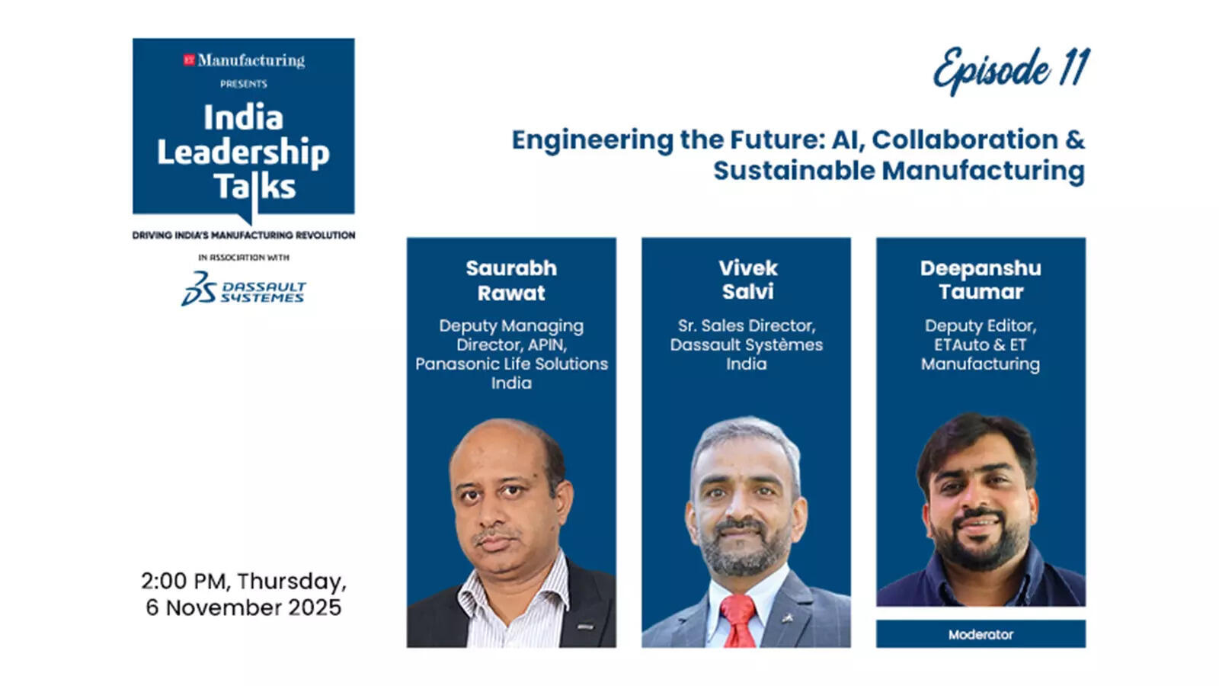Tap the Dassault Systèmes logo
[243, 290]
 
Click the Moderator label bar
[981, 634]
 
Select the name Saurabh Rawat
[511, 280]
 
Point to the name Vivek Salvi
[747, 280]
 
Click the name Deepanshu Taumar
[981, 280]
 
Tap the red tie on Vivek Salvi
[738, 620]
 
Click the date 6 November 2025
[244, 607]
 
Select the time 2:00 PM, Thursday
[244, 581]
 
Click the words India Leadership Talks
[243, 152]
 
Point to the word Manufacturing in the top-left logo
[251, 60]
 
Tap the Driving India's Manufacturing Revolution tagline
[244, 235]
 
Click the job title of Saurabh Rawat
[511, 354]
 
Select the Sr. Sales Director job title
[747, 325]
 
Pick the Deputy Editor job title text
[981, 325]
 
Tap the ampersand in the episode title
[1075, 139]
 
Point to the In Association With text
[244, 258]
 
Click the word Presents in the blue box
[244, 84]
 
